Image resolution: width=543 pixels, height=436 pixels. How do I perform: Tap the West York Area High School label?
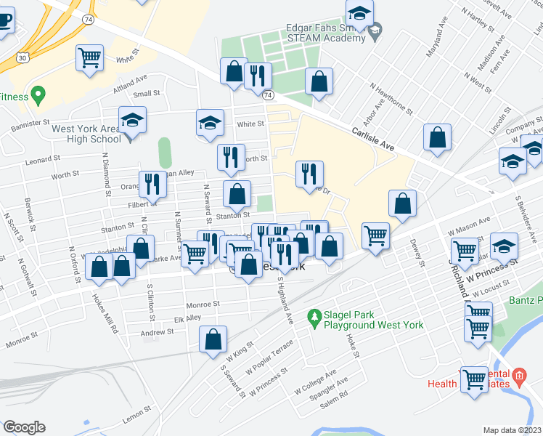(86, 134)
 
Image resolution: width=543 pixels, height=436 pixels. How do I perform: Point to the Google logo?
(25, 427)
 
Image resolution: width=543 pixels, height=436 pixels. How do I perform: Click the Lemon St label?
(136, 411)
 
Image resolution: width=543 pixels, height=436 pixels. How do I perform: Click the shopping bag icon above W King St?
(213, 339)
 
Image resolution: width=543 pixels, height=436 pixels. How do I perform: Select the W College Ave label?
(315, 381)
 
